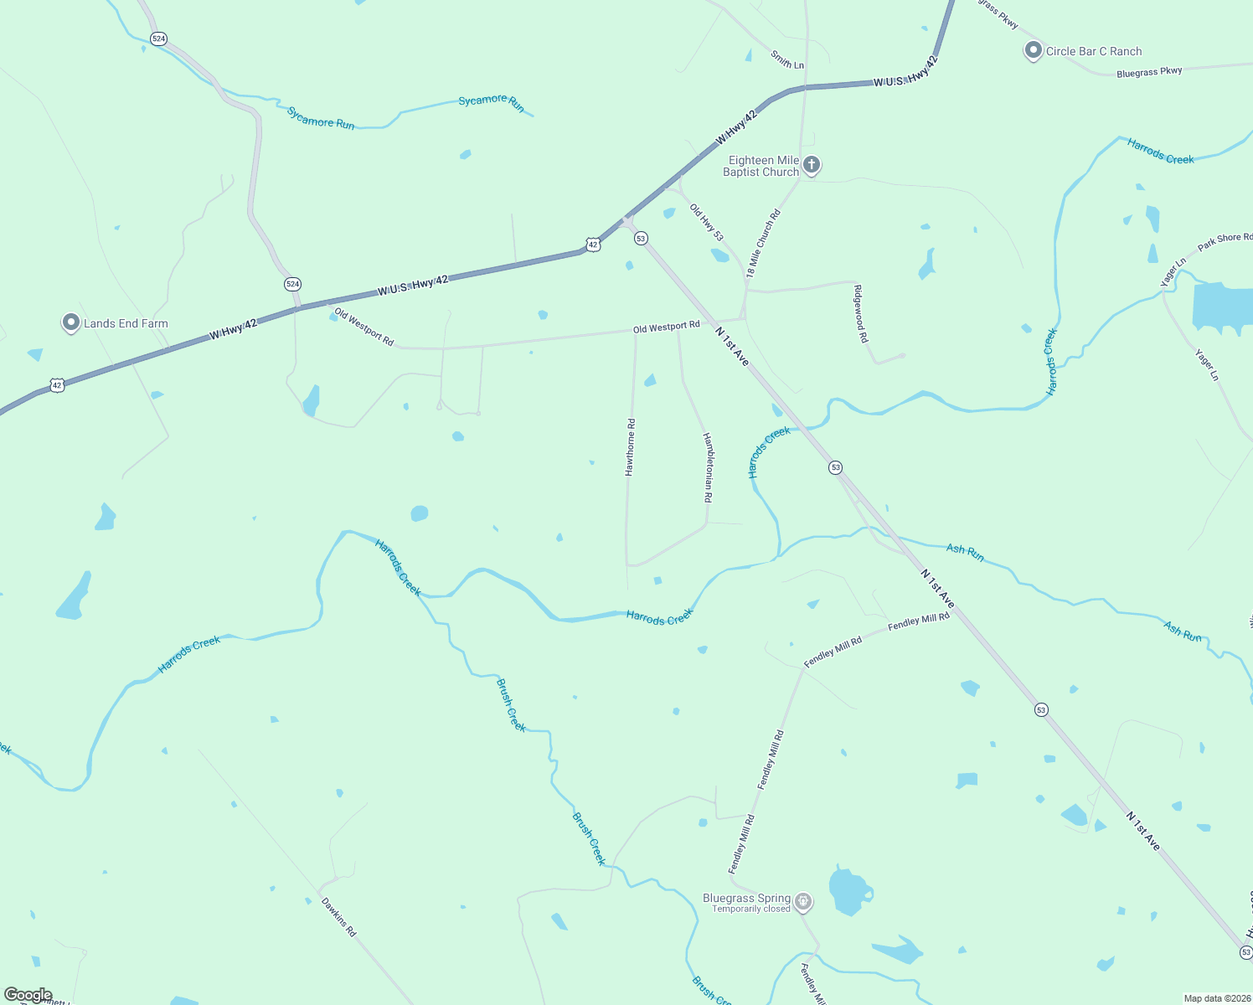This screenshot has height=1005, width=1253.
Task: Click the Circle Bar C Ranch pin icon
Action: pos(1033,50)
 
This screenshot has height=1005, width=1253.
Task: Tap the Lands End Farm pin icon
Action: pos(71,322)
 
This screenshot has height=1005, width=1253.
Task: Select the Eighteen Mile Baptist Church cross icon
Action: pos(811,164)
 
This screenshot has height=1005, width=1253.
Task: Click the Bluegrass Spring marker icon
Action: pos(803,901)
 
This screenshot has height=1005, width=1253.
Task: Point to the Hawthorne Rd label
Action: pos(630,447)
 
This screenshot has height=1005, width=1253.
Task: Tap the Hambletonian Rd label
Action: pos(708,467)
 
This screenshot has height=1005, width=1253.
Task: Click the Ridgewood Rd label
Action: pos(860,314)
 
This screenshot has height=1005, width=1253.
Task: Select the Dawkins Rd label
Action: pos(338,917)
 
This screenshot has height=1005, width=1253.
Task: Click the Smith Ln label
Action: pos(787,59)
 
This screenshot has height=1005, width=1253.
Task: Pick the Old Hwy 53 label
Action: pos(706,222)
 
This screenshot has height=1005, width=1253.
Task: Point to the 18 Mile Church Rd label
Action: pos(763,243)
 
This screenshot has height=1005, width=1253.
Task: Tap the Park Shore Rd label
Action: pos(1225,242)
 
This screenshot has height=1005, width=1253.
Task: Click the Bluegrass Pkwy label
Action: pos(1149,73)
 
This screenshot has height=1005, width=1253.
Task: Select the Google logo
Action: pos(28,995)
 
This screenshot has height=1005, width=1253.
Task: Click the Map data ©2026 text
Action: pos(1216,998)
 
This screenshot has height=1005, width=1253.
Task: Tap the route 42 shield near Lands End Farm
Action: pos(56,385)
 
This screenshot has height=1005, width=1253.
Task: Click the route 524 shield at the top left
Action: pos(158,39)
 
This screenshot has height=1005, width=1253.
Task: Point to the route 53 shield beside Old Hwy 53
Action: pos(641,238)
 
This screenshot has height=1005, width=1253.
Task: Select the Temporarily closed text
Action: pos(751,909)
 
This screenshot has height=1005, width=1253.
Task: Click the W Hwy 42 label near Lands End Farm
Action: pos(233,329)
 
